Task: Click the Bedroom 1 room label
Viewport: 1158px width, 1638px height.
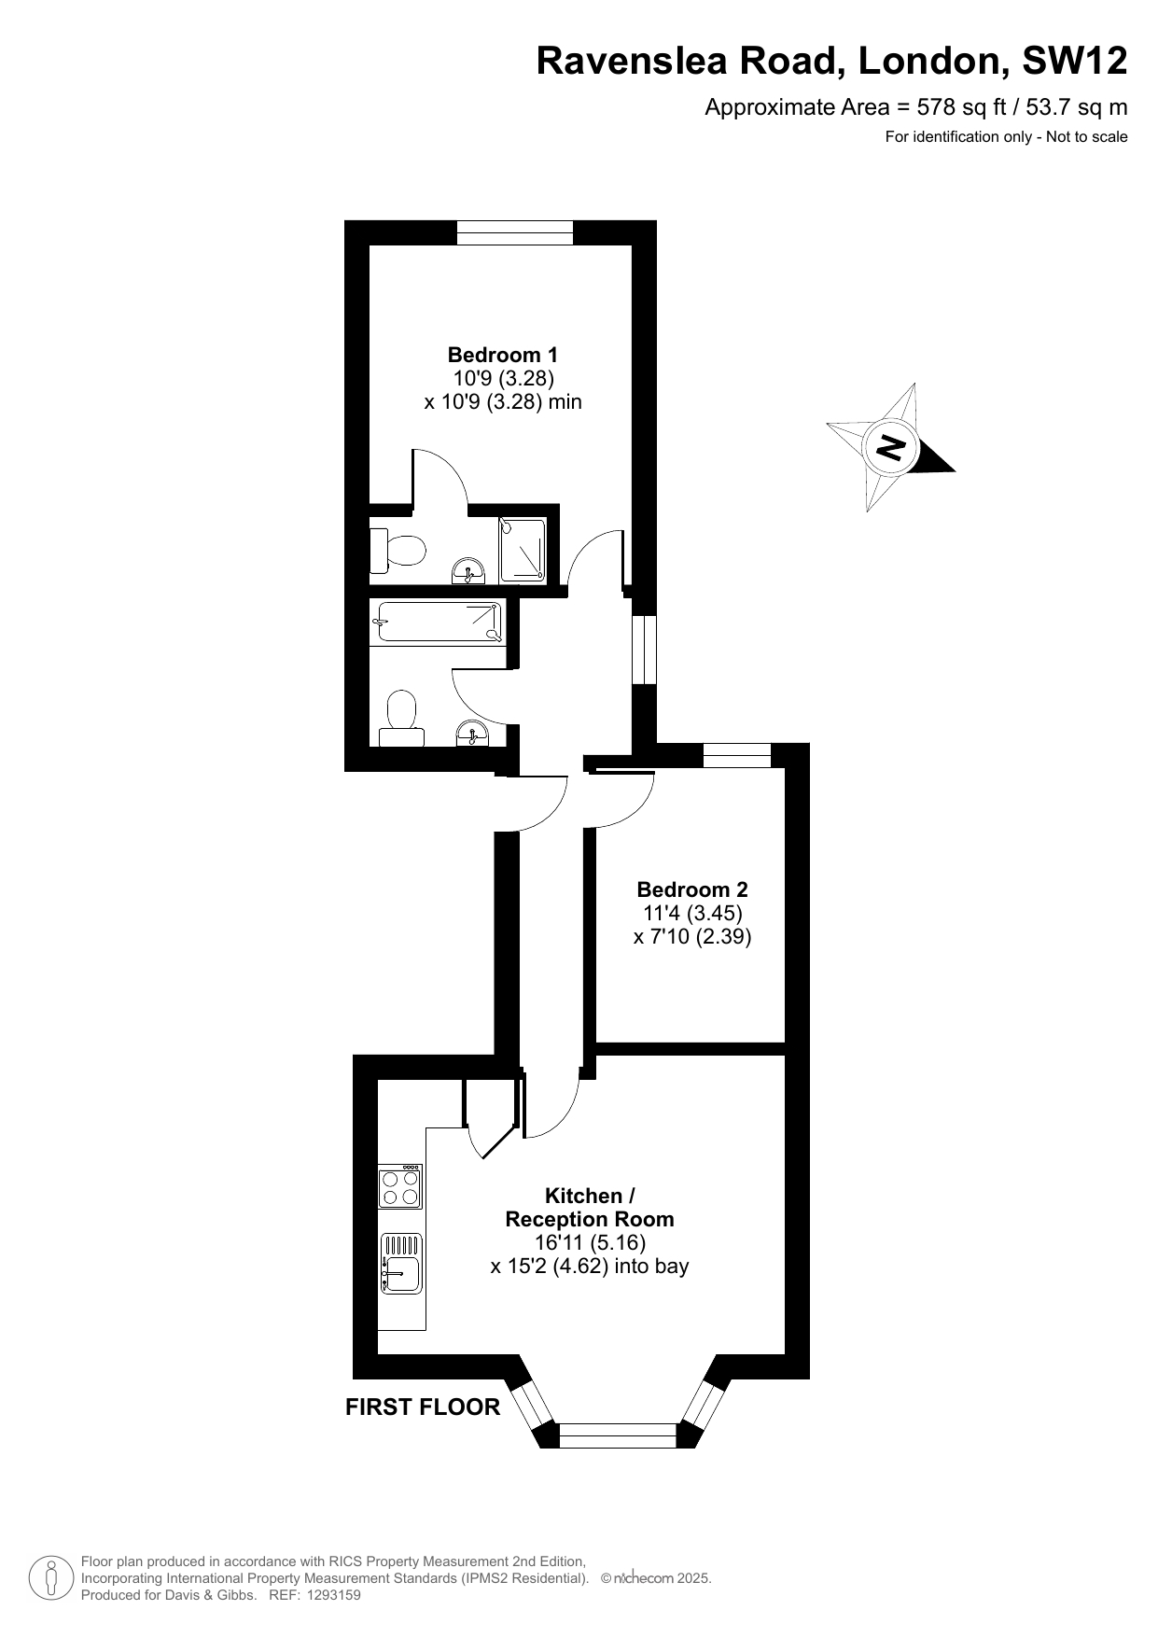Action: point(502,355)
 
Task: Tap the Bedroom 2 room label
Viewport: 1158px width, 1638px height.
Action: point(691,889)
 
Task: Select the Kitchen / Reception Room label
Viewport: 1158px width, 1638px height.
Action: point(590,1207)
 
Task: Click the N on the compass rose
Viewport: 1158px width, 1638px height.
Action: point(892,447)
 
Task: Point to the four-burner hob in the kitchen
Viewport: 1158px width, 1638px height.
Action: point(400,1186)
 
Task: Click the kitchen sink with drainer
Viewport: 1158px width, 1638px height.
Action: point(401,1263)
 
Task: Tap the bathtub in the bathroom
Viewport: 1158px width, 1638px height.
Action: point(437,623)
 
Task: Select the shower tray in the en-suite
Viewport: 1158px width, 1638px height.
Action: point(523,550)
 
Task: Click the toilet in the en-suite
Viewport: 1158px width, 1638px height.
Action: point(397,551)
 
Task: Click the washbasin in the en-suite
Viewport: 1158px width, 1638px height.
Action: point(468,570)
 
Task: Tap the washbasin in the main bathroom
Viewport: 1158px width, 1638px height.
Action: point(472,735)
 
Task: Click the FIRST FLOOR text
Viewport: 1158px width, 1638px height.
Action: point(423,1407)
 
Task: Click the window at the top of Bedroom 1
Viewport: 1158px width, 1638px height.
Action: point(515,232)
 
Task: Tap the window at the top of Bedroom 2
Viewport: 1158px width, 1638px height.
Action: point(737,755)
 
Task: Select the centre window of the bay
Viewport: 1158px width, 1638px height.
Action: point(618,1435)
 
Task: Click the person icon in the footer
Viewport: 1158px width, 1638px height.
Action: point(50,1577)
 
